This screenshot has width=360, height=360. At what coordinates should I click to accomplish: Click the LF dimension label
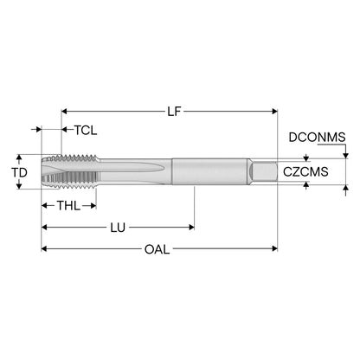coord(174,111)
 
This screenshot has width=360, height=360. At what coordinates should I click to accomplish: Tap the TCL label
coord(86,130)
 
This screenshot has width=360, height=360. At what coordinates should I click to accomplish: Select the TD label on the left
coord(19,172)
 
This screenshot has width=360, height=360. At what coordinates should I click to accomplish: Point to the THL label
coord(68,206)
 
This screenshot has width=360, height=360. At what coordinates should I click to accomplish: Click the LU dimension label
coord(118,228)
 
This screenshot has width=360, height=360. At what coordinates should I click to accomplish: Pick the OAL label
coord(157,249)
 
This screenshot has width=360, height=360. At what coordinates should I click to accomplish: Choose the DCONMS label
coord(317,137)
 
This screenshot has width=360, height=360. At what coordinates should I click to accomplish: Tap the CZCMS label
coord(305,171)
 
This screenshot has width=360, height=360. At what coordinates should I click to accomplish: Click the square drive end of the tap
coord(264,171)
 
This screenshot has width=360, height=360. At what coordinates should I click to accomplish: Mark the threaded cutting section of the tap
coord(69,171)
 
